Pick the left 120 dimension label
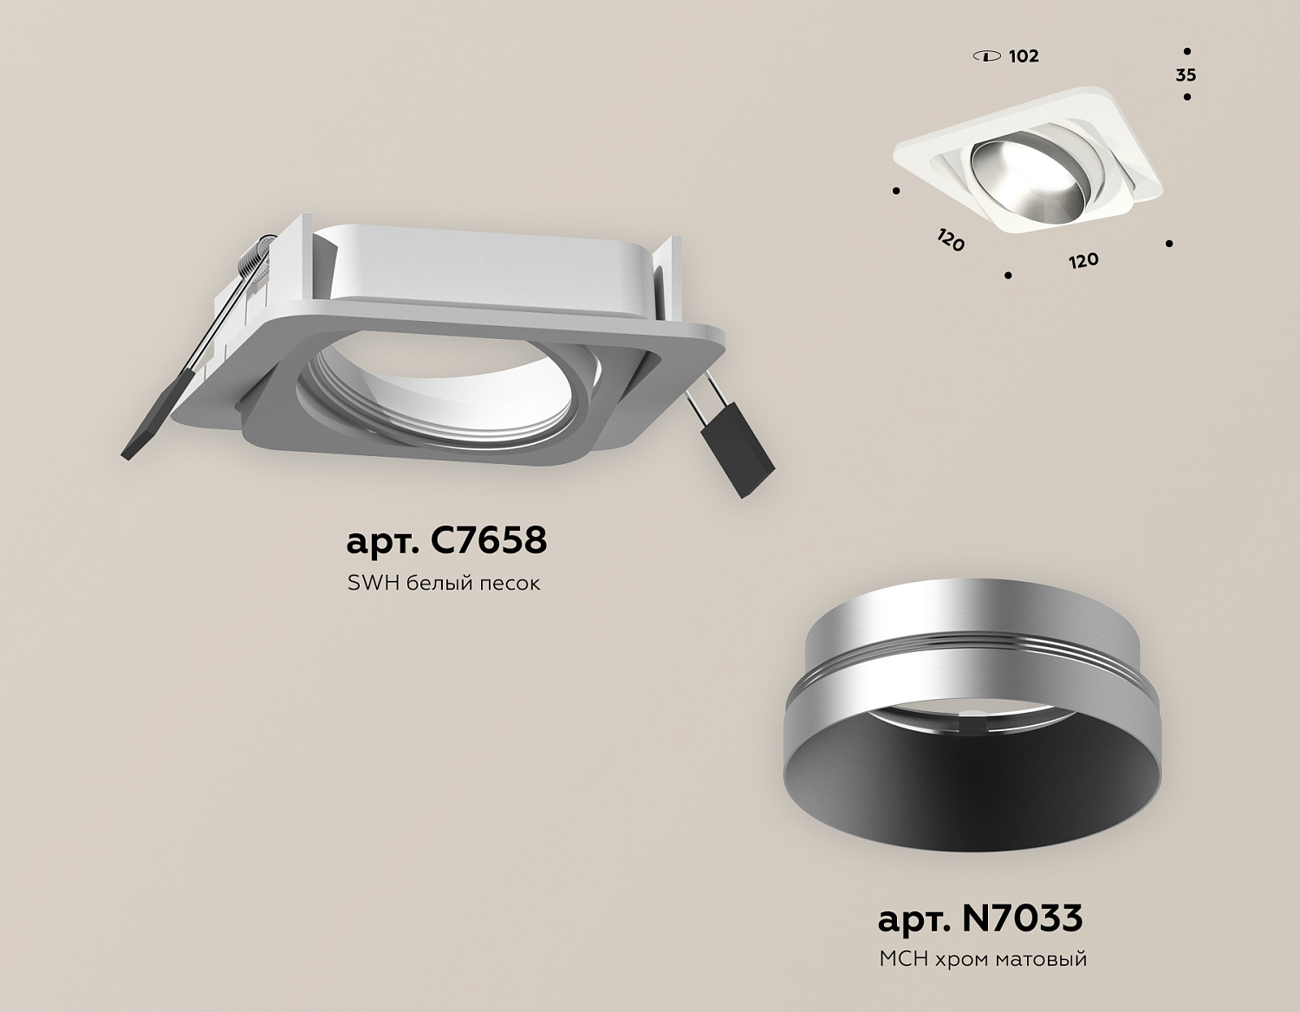point(951,240)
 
